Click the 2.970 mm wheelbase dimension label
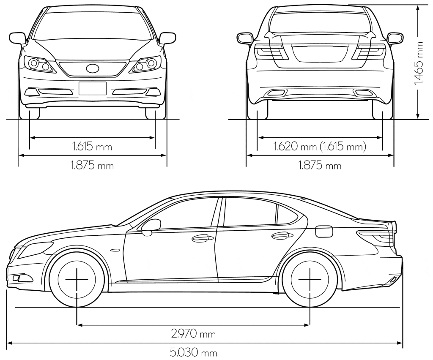(x=193, y=334)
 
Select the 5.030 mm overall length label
(x=193, y=352)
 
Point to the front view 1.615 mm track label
(x=92, y=146)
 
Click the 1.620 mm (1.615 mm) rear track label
(x=320, y=146)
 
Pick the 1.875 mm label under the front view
(x=92, y=166)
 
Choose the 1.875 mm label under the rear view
(x=320, y=166)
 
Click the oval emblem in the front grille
(x=93, y=68)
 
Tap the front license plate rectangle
(x=93, y=88)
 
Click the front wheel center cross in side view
(x=77, y=279)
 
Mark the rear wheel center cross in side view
(x=310, y=279)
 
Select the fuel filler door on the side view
(x=323, y=231)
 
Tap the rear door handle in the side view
(x=282, y=236)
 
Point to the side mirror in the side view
(x=151, y=227)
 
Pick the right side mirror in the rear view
(x=395, y=38)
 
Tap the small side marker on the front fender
(x=115, y=250)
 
